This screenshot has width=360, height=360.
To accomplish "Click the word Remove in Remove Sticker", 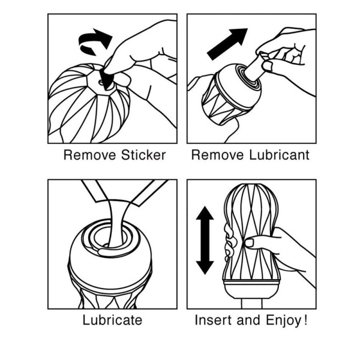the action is [89, 155].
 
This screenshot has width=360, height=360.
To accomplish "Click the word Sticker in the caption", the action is [143, 155].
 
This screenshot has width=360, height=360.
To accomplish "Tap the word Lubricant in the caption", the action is [279, 155].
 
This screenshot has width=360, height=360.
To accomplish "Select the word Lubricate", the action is [112, 320].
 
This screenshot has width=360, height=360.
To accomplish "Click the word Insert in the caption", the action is [213, 320].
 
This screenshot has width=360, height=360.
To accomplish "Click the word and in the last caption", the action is [248, 320].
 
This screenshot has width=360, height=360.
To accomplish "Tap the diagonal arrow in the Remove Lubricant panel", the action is [227, 44].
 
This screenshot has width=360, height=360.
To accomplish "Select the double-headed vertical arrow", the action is [205, 240].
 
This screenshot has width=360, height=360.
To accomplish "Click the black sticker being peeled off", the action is [106, 79].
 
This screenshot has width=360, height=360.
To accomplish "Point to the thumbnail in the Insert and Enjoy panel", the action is [249, 242].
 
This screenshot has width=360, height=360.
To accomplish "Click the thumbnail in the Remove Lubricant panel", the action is [267, 65].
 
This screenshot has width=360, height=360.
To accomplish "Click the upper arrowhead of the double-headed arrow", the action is [205, 213].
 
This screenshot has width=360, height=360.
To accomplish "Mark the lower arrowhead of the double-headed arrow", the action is [205, 268].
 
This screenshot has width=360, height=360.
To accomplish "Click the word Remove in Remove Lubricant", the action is [217, 155].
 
